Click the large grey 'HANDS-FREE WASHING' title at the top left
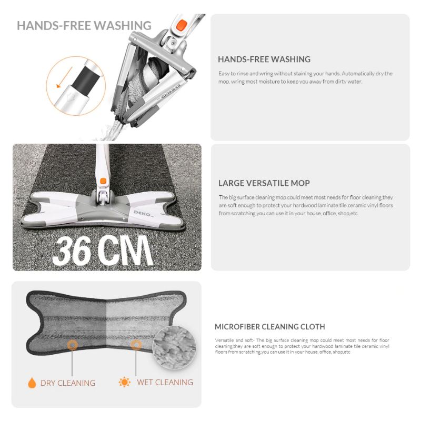[x=84, y=26]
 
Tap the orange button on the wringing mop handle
[x=182, y=25]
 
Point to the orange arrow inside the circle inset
[x=64, y=77]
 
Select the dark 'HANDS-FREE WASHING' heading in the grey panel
[x=264, y=59]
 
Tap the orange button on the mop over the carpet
[x=103, y=181]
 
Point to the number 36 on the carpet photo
[x=72, y=251]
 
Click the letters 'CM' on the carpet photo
[x=125, y=250]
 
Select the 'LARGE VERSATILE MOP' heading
[x=264, y=183]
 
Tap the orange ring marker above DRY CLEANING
[x=72, y=345]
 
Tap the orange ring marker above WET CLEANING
[x=136, y=345]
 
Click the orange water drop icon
[x=32, y=383]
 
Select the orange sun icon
[x=125, y=382]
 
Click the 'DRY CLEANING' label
[x=68, y=383]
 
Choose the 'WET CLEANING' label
[x=165, y=382]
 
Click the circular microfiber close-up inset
[x=174, y=347]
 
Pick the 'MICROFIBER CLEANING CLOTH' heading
[x=270, y=327]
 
